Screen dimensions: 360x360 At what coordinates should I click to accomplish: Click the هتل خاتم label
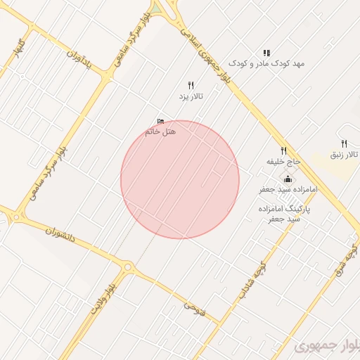click(160, 131)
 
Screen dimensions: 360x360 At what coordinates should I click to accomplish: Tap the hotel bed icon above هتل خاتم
click(160, 121)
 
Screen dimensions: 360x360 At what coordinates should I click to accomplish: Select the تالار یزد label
click(191, 96)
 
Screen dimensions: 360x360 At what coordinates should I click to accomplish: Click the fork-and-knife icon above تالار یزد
click(191, 85)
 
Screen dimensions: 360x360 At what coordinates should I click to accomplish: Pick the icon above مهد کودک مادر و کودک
click(266, 53)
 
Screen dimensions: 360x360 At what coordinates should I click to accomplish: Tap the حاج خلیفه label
click(283, 161)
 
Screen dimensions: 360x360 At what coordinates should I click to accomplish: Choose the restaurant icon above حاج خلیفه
click(284, 150)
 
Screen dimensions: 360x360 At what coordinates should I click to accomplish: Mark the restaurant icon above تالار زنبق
click(344, 143)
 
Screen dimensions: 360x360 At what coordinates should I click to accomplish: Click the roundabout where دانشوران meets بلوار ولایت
click(129, 267)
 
